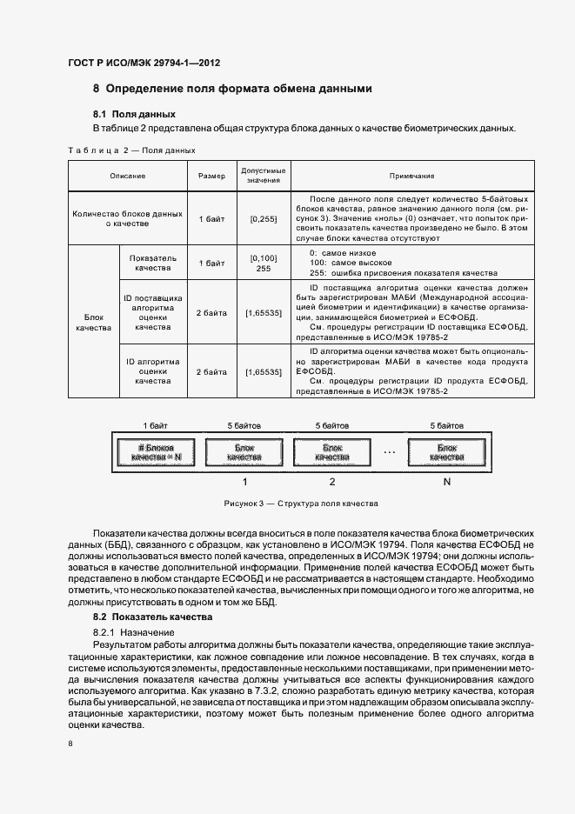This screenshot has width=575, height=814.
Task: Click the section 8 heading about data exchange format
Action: [x=232, y=89]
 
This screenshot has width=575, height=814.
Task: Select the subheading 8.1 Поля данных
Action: [x=134, y=114]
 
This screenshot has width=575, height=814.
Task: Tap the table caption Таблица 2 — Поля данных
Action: [x=131, y=150]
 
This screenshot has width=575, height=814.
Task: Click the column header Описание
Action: [x=128, y=176]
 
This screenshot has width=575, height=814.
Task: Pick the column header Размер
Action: [x=211, y=176]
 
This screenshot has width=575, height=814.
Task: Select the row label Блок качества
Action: [x=93, y=323]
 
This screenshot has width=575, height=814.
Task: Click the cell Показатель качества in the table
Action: [x=152, y=264]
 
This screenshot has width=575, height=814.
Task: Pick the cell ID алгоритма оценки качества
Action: [x=152, y=371]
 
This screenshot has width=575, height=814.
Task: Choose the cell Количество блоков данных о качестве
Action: [x=128, y=218]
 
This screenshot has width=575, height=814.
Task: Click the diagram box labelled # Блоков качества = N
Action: [x=155, y=452]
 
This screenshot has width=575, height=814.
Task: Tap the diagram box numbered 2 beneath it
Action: [x=331, y=452]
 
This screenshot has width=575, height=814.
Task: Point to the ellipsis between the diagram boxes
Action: [x=389, y=453]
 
